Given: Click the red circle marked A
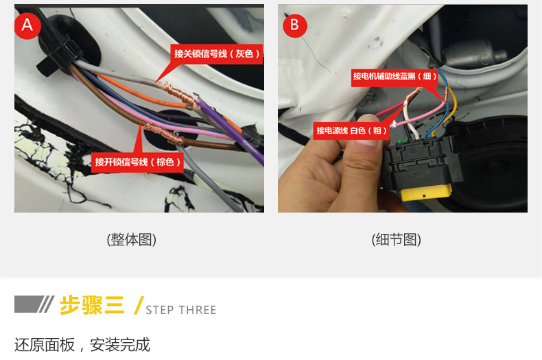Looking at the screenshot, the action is (27, 26).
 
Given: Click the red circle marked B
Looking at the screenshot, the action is (295, 25).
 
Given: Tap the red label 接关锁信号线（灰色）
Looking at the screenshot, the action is (216, 54).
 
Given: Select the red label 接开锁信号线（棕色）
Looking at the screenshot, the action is (138, 162).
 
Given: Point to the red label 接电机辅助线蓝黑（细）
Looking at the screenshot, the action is (394, 76).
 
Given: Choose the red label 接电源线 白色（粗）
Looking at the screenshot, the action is (351, 130).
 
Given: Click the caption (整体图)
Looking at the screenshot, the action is (132, 240).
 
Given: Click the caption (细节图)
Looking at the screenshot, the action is (396, 240).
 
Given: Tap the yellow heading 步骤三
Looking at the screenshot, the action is (92, 305).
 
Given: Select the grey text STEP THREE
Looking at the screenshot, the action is (181, 310).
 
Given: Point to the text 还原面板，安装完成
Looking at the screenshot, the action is (82, 345).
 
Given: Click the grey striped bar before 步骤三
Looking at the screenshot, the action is (34, 304).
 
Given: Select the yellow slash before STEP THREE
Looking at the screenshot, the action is (139, 305).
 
